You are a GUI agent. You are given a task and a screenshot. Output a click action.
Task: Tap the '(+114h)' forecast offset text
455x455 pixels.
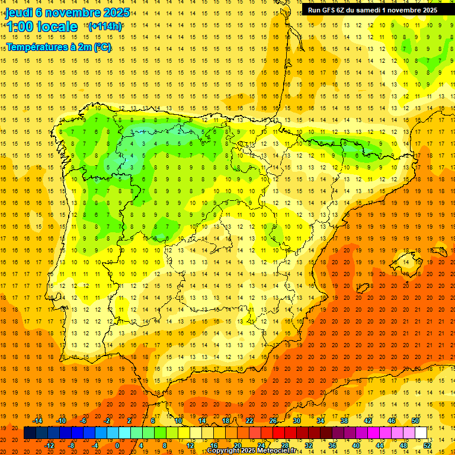(105, 26)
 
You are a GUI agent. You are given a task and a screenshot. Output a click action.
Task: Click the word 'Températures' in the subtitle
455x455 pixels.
(37, 47)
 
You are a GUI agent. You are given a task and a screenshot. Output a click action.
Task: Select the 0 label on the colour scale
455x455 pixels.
(118, 445)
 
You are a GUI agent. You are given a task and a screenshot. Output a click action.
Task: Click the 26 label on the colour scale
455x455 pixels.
(273, 420)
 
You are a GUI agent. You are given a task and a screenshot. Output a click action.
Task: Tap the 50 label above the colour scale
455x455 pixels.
(415, 420)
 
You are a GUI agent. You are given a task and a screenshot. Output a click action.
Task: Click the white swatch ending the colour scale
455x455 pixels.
(421, 432)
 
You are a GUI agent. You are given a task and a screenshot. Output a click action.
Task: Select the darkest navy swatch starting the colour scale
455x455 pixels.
(30, 432)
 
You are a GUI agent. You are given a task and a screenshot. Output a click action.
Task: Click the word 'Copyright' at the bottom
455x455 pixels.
(224, 451)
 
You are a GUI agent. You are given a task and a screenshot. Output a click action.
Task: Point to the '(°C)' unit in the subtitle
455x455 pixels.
(102, 47)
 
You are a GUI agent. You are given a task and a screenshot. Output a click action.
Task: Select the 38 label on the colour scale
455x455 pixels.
(344, 420)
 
